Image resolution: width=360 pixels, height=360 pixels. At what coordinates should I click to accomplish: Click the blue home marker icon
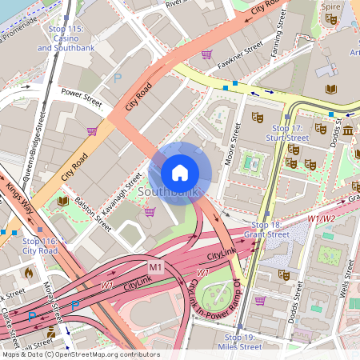click(x=180, y=172)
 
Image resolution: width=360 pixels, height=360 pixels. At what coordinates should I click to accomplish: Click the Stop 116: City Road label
click(x=40, y=245)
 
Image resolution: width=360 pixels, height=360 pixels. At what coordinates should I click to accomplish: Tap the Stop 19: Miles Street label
click(x=239, y=342)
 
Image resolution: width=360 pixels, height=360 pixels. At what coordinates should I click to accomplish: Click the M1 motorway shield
click(x=155, y=266)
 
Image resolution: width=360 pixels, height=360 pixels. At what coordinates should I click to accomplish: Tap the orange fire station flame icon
click(x=29, y=272)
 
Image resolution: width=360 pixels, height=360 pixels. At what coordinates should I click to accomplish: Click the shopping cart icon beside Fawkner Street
click(x=207, y=54)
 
